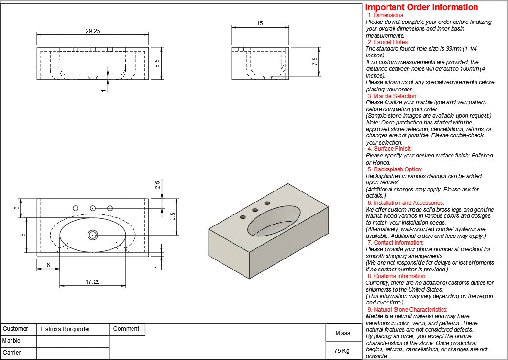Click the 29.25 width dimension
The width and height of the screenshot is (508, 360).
[93, 31]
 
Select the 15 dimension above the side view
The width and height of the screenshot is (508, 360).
[260, 23]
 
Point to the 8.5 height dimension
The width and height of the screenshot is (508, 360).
[156, 63]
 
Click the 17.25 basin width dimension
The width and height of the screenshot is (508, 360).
[92, 282]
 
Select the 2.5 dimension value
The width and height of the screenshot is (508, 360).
[157, 185]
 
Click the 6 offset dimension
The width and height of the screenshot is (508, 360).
[48, 265]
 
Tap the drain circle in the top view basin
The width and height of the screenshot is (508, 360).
[93, 235]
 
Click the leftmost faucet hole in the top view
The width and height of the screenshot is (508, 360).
[75, 208]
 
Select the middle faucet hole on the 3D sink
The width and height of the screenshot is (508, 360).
[255, 210]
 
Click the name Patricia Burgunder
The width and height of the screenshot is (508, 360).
[66, 329]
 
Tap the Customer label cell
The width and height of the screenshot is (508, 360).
[16, 329]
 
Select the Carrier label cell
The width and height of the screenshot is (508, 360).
[12, 353]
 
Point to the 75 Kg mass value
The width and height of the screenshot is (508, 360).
[342, 351]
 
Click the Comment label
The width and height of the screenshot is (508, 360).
[126, 329]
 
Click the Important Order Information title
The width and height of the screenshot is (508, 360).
[421, 7]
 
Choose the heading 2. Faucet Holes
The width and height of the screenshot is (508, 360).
[388, 42]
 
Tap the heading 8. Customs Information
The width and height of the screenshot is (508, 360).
[397, 276]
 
